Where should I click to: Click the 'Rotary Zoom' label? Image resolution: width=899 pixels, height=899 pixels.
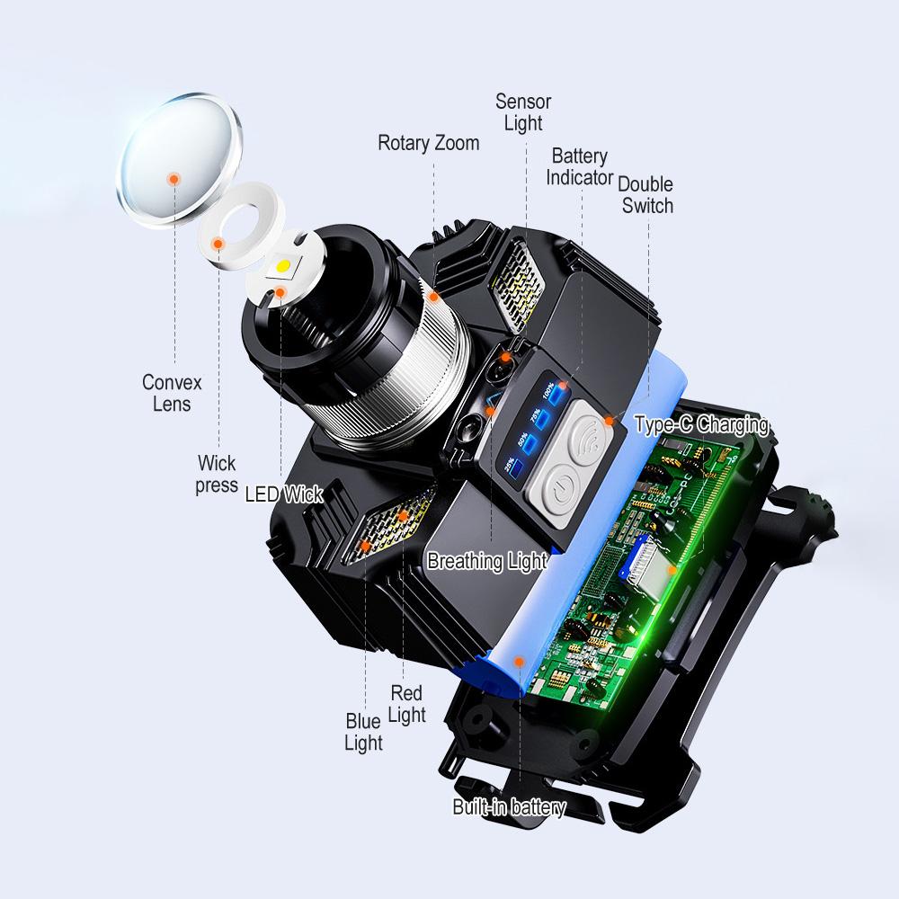(x=428, y=143)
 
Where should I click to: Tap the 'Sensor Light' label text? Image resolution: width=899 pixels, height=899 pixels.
(x=523, y=111)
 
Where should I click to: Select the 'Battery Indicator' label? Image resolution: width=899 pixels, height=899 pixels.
(x=580, y=167)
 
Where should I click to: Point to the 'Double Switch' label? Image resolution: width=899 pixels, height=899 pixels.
(x=645, y=195)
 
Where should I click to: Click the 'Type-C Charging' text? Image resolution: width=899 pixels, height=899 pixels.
(x=701, y=424)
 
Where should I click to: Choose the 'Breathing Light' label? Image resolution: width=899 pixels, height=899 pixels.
(x=487, y=562)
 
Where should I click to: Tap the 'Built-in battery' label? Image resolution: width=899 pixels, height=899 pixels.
(x=509, y=807)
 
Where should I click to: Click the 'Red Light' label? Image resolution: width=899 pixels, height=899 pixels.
(x=406, y=704)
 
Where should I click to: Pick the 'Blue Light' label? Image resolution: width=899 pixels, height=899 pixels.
(x=363, y=732)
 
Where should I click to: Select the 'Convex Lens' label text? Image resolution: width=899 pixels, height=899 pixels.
(x=172, y=393)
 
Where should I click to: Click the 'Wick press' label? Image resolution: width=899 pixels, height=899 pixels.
(x=218, y=474)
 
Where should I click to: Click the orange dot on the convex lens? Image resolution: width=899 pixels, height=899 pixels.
(x=174, y=179)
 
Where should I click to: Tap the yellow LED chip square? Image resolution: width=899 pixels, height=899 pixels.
(x=283, y=267)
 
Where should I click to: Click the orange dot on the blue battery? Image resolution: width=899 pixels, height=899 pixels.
(x=519, y=661)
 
